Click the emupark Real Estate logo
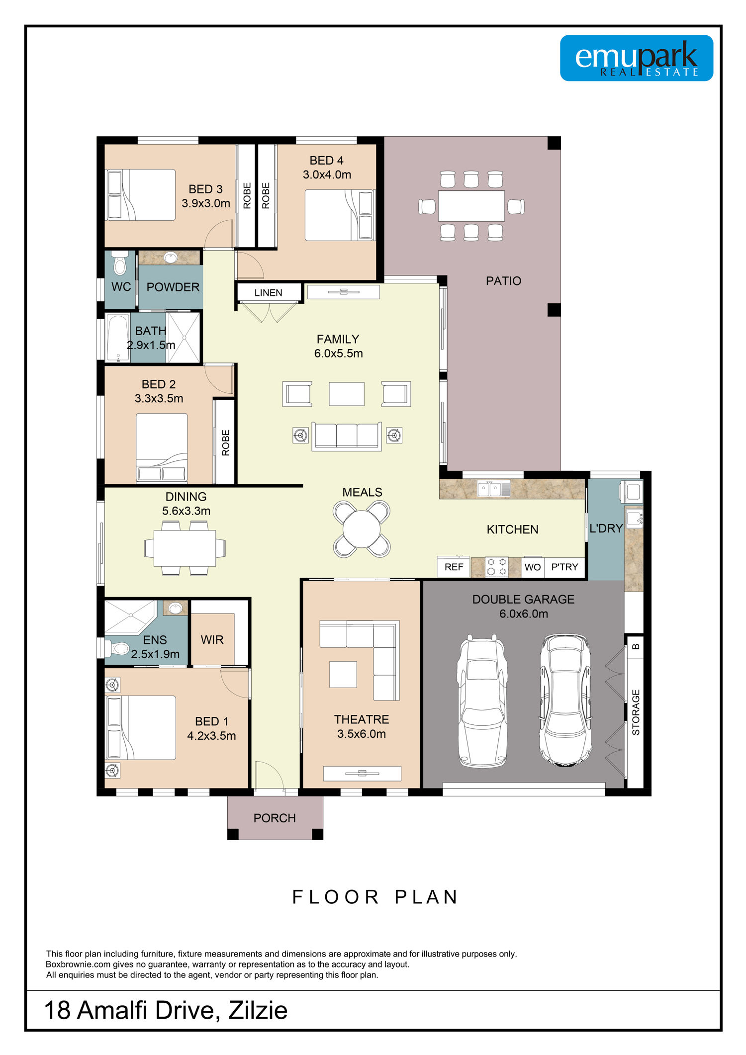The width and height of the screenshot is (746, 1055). (x=637, y=58)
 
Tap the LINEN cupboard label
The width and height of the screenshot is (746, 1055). (x=269, y=293)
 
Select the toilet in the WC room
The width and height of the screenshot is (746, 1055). (x=119, y=263)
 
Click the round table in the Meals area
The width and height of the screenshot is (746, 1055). (x=362, y=529)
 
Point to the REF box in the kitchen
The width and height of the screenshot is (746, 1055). (x=454, y=567)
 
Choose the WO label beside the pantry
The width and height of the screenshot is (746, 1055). (x=533, y=567)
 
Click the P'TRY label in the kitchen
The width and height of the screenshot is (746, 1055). (x=564, y=567)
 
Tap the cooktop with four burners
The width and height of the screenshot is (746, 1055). (x=497, y=567)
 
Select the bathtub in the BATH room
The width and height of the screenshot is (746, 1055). (x=118, y=338)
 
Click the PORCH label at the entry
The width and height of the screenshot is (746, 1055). (x=275, y=818)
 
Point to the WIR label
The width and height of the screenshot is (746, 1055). (x=212, y=640)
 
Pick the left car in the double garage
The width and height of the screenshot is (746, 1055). (x=481, y=701)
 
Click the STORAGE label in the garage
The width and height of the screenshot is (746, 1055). (x=636, y=712)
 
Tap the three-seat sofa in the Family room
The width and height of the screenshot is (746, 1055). (x=347, y=436)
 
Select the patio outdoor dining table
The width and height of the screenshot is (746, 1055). (x=471, y=206)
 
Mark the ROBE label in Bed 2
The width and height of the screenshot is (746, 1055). (x=226, y=442)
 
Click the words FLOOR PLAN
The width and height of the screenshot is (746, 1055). (x=375, y=897)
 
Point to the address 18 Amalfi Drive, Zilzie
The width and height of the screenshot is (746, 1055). (x=166, y=1011)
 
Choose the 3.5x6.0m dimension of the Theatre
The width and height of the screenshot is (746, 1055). (x=362, y=734)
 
